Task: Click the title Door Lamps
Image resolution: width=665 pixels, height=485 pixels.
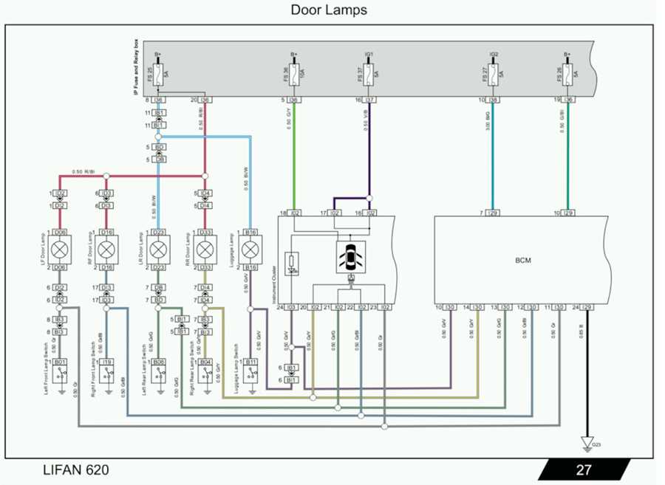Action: point(328,10)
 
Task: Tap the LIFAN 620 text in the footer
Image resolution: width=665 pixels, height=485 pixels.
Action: point(75,469)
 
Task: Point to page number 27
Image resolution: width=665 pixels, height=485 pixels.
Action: point(584,469)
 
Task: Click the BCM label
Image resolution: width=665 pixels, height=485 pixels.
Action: point(524,261)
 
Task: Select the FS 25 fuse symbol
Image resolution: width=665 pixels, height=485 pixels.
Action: point(157,73)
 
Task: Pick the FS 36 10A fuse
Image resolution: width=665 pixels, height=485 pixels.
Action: point(293,73)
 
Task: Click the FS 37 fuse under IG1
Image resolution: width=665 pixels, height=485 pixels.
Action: point(369,73)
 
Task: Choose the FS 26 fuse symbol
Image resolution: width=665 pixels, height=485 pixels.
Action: point(567,73)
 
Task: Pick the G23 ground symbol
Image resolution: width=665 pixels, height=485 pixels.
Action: point(587,444)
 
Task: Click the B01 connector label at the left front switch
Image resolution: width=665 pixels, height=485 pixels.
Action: point(60,362)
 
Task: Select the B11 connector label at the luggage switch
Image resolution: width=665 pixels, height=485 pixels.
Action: point(251,362)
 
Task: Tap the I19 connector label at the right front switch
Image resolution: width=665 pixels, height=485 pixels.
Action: point(106,362)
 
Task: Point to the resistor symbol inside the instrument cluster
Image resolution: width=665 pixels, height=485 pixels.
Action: point(293,261)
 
